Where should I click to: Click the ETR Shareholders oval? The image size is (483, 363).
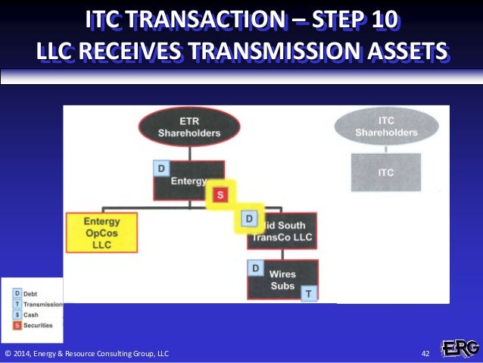click(x=189, y=127)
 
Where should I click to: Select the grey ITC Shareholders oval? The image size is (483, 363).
click(x=386, y=127)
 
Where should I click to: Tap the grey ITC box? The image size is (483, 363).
click(x=386, y=172)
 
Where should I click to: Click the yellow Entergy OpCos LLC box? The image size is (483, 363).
click(x=101, y=233)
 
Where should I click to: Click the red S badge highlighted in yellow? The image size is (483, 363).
click(x=220, y=195)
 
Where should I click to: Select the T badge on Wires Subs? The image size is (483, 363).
click(x=309, y=293)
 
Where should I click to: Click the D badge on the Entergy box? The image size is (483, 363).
click(x=160, y=167)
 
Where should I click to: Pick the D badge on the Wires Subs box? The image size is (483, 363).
click(x=256, y=268)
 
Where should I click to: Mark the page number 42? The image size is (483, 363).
click(x=425, y=354)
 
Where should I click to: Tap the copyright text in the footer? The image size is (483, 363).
click(x=87, y=354)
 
